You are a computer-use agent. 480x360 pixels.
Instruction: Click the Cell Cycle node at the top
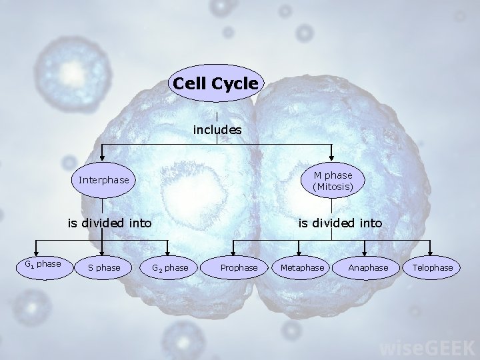tap(215, 83)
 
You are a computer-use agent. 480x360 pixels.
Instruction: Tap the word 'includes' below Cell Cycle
tap(217, 130)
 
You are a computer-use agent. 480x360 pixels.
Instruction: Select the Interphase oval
tap(103, 180)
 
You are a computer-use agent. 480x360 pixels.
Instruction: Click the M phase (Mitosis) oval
tap(332, 180)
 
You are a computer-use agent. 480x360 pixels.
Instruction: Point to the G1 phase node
tap(43, 265)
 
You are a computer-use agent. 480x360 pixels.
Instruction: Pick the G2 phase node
tap(169, 267)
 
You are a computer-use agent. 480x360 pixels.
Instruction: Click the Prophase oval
tap(239, 267)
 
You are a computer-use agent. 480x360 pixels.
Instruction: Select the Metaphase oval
tap(302, 267)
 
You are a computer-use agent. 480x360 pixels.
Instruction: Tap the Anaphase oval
tap(368, 267)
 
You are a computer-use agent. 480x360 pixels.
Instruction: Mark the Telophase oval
tap(433, 267)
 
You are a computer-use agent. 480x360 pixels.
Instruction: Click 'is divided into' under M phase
tap(340, 223)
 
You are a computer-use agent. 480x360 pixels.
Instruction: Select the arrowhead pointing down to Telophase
tap(431, 251)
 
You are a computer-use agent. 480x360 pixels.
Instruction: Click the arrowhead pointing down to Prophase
tap(233, 251)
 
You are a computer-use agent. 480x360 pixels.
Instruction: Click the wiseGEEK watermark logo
tap(427, 347)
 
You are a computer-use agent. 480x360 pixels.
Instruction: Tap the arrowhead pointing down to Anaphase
tap(365, 251)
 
